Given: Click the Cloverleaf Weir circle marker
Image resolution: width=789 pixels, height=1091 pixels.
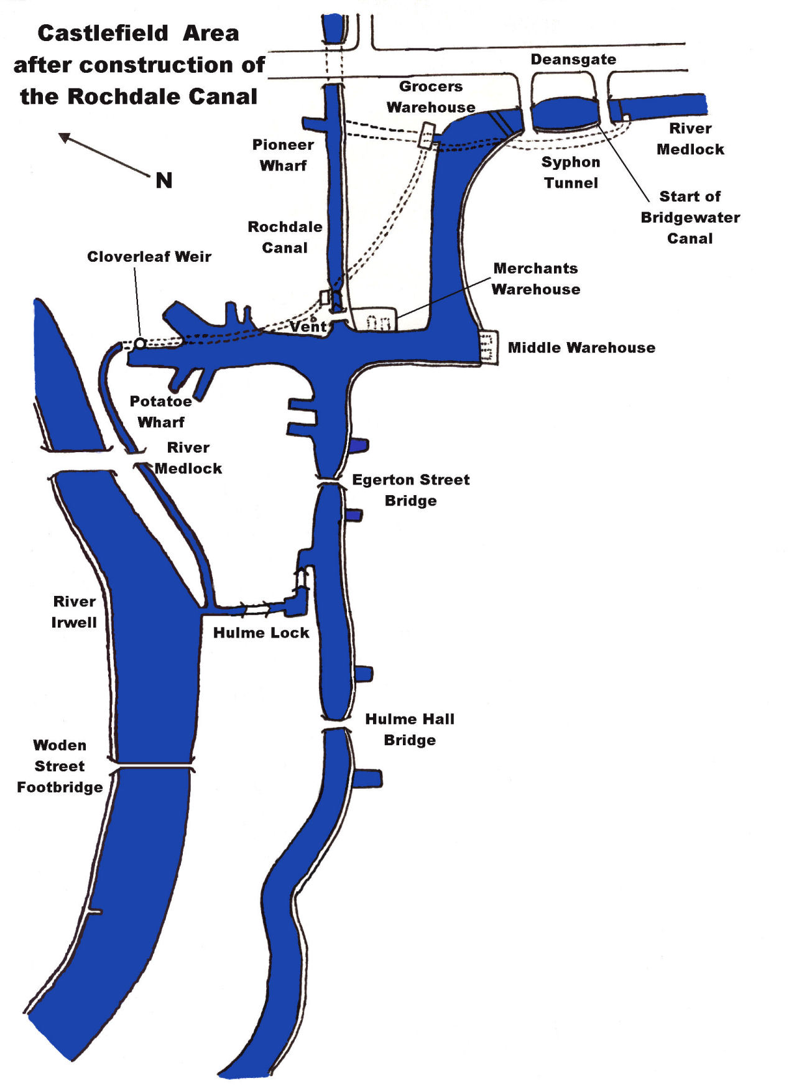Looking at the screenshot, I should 141,343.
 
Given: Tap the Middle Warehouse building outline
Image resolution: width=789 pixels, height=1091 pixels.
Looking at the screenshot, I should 489,347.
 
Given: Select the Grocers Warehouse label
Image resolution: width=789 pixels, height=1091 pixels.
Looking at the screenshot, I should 431,96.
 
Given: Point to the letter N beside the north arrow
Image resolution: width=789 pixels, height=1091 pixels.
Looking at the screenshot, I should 164,180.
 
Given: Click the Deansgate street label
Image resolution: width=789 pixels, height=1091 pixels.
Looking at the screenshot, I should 573,59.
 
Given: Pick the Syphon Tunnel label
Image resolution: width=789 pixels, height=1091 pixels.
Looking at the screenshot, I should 571,172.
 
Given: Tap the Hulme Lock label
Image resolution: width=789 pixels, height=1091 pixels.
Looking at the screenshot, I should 261,633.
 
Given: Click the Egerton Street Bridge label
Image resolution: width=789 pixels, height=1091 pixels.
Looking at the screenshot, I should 410,490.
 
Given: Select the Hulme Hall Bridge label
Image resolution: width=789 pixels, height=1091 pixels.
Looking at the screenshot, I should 410,729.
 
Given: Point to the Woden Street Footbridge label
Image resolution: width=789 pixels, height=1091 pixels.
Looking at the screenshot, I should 60,766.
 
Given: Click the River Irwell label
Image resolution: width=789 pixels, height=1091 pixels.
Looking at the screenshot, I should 74,611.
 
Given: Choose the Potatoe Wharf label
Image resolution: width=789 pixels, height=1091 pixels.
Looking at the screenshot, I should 160,411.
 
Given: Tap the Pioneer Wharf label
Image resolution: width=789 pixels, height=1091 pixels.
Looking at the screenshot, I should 283,155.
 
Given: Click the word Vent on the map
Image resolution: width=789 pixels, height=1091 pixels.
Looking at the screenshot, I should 308,326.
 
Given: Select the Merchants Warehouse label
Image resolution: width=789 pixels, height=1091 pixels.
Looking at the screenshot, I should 535,279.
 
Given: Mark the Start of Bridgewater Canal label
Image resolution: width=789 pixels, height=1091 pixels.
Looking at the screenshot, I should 690,217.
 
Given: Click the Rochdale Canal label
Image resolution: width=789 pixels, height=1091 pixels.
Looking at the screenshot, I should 285,237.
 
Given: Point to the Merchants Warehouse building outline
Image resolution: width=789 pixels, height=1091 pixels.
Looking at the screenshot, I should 374,318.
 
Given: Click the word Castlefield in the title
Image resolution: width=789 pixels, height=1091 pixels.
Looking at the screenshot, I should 103,33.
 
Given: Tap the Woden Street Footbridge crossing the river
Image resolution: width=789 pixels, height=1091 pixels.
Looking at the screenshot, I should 152,765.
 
